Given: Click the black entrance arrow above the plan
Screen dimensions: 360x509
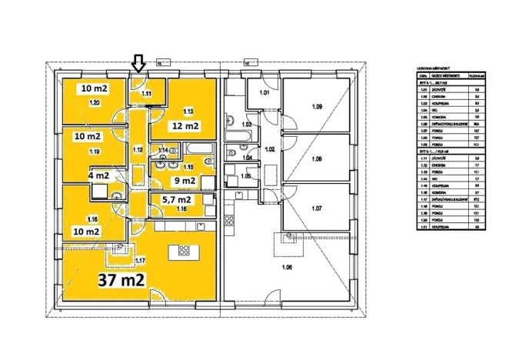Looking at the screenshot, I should [138, 62].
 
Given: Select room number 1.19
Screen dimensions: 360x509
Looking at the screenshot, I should [95, 152].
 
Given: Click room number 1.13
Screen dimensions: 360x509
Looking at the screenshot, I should [188, 111].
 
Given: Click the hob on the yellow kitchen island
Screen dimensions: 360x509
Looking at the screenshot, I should [185, 250].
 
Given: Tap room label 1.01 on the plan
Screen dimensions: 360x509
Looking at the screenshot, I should [264, 93].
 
